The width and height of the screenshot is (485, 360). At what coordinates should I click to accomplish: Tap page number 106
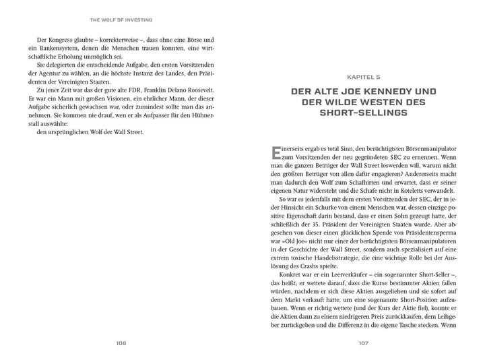tap(121, 342)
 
